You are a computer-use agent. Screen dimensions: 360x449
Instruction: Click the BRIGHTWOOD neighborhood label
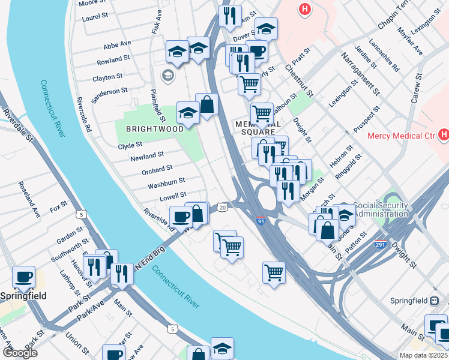[154, 129]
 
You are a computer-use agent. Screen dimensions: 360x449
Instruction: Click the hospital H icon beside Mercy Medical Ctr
[444, 136]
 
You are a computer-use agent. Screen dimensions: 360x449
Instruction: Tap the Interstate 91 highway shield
[261, 221]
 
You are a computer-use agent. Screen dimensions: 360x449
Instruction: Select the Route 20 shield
[222, 207]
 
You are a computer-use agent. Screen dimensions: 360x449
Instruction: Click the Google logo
[20, 353]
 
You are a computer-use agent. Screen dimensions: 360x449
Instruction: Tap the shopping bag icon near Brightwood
[206, 105]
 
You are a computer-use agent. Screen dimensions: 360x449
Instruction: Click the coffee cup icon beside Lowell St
[181, 216]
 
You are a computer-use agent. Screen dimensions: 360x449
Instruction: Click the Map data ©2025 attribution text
[424, 355]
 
